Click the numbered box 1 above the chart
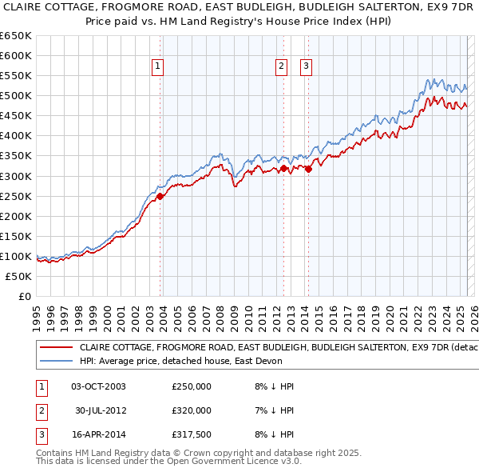coord(158,67)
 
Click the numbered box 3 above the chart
coord(307,67)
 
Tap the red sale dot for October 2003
coord(160,196)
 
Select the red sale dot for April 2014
coord(308,169)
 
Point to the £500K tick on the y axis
coord(18,96)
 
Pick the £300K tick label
coord(18,176)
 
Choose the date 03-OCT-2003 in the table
coord(98,386)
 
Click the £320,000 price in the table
coord(192,410)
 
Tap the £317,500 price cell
coord(192,434)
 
